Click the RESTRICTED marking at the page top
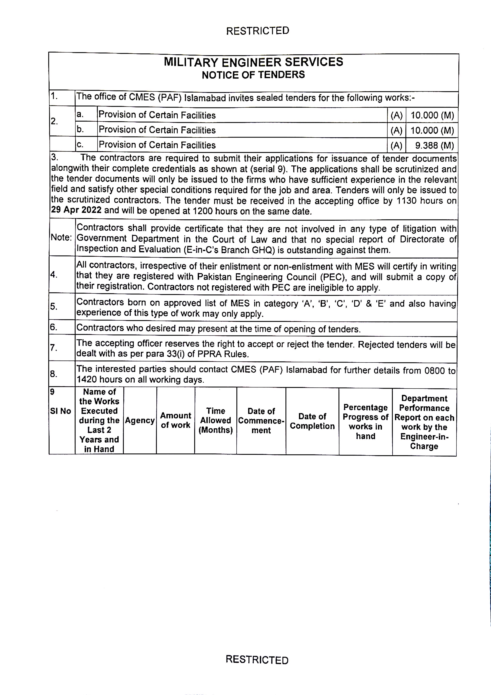pyautogui.click(x=257, y=31)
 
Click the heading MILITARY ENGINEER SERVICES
pyautogui.click(x=254, y=62)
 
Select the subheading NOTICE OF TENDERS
pyautogui.click(x=253, y=75)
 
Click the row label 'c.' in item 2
pyautogui.click(x=80, y=145)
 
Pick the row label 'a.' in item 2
pyautogui.click(x=80, y=115)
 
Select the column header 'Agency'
pyautogui.click(x=140, y=420)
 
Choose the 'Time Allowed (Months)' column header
pyautogui.click(x=216, y=420)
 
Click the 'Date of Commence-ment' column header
pyautogui.click(x=261, y=421)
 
